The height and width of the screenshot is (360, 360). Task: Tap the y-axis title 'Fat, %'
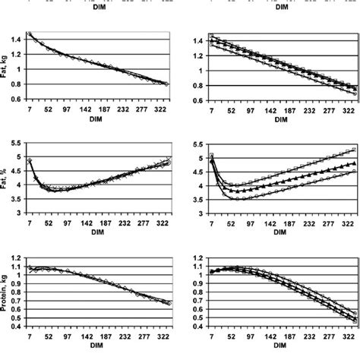tap(7, 182)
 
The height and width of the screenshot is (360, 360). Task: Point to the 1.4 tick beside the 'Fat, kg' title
tap(18, 39)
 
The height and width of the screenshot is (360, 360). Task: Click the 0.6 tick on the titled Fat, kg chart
tap(18, 100)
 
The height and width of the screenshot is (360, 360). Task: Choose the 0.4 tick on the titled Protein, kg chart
tap(18, 328)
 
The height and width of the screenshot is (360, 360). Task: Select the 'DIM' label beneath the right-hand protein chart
tap(281, 346)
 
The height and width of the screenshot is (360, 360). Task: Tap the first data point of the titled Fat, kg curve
tap(30, 34)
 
